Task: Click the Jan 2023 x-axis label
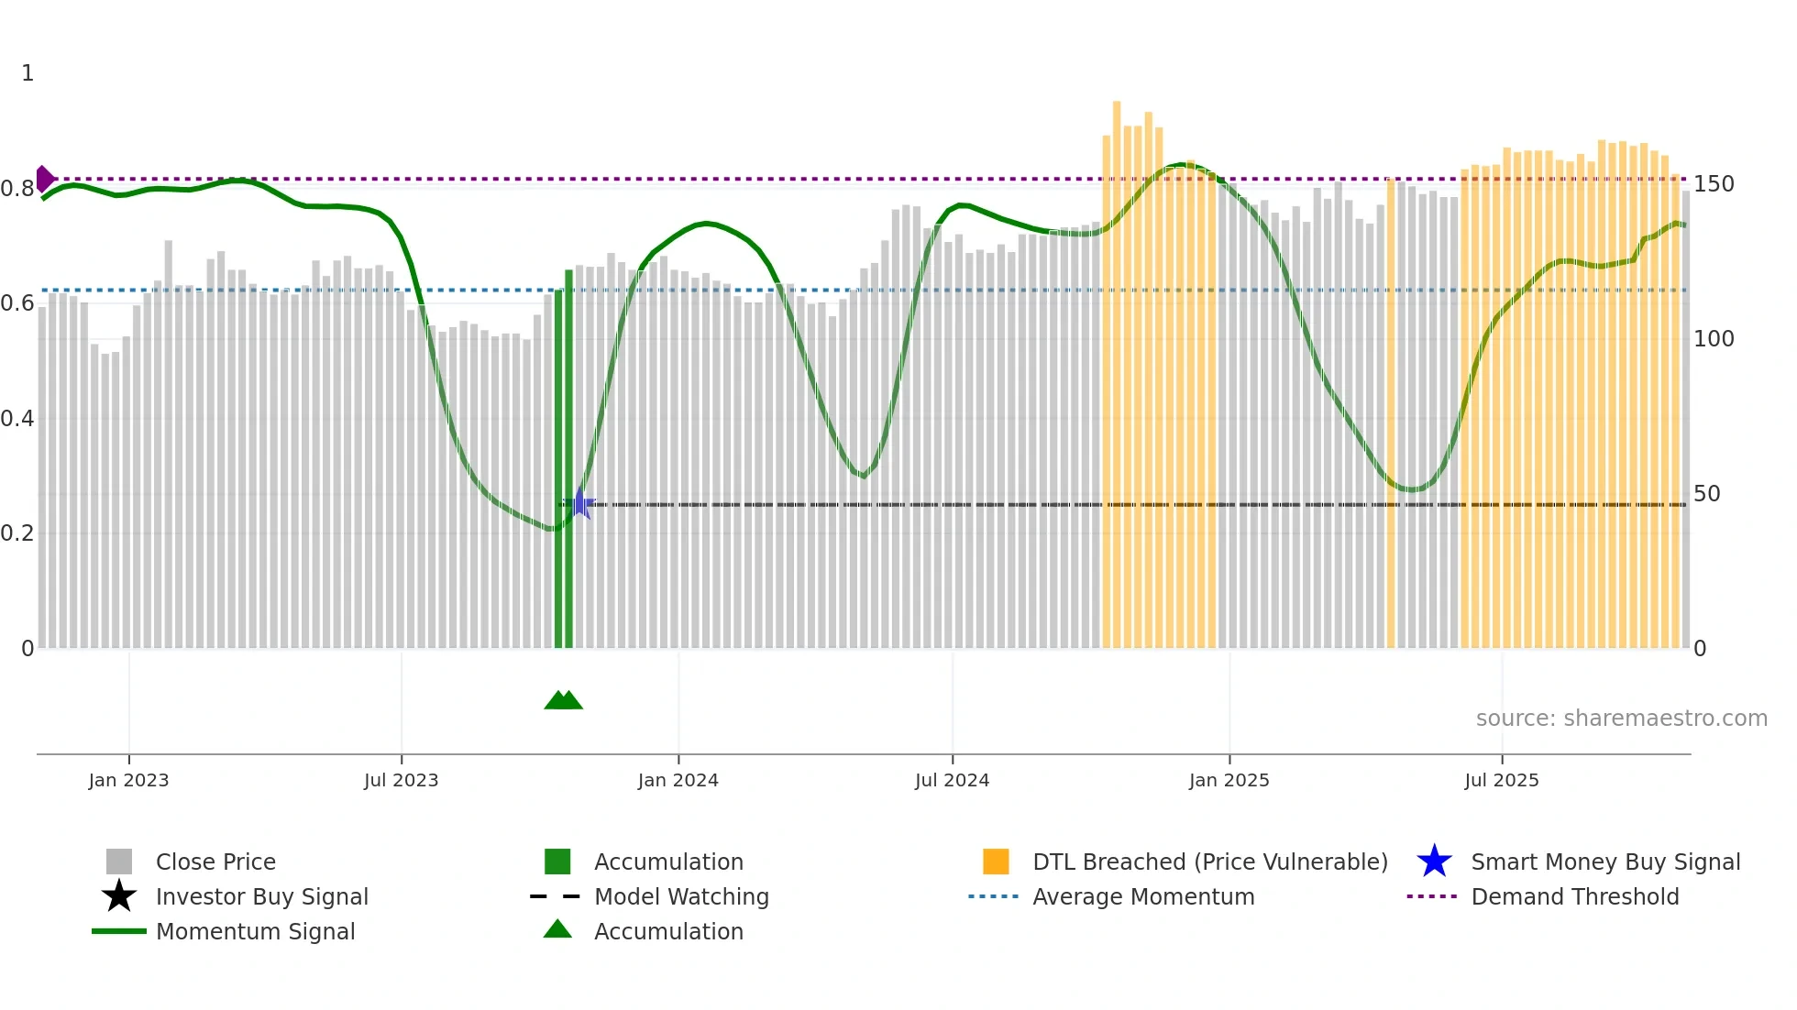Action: coord(128,780)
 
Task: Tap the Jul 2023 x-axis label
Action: coord(401,780)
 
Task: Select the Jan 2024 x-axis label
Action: coord(678,780)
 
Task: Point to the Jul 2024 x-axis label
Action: coord(952,780)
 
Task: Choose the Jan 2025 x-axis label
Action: coord(1229,780)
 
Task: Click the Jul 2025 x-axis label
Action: coord(1501,780)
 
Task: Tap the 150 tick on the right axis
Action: coord(1714,184)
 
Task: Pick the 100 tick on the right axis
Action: coord(1714,339)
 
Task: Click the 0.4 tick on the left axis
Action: coord(17,419)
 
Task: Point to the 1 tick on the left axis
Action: coord(28,73)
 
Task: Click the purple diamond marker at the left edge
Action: coord(44,179)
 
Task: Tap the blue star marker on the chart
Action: coord(579,503)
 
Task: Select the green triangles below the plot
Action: coord(563,700)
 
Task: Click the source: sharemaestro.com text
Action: coord(1621,719)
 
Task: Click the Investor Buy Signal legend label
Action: coord(261,897)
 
